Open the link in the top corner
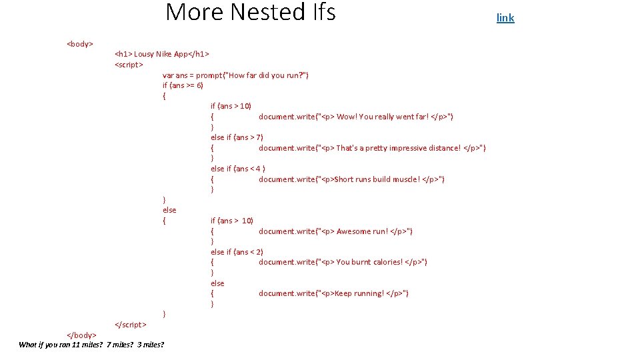[505, 17]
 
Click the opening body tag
[80, 44]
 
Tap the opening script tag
[129, 65]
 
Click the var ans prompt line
[235, 75]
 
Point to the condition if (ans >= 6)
[183, 85]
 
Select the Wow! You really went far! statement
[356, 117]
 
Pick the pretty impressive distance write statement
[372, 148]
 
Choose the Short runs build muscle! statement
[351, 179]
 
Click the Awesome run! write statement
[335, 231]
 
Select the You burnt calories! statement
[343, 262]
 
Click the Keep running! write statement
[333, 293]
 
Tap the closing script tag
[131, 325]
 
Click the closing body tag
[82, 335]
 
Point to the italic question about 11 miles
[91, 345]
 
